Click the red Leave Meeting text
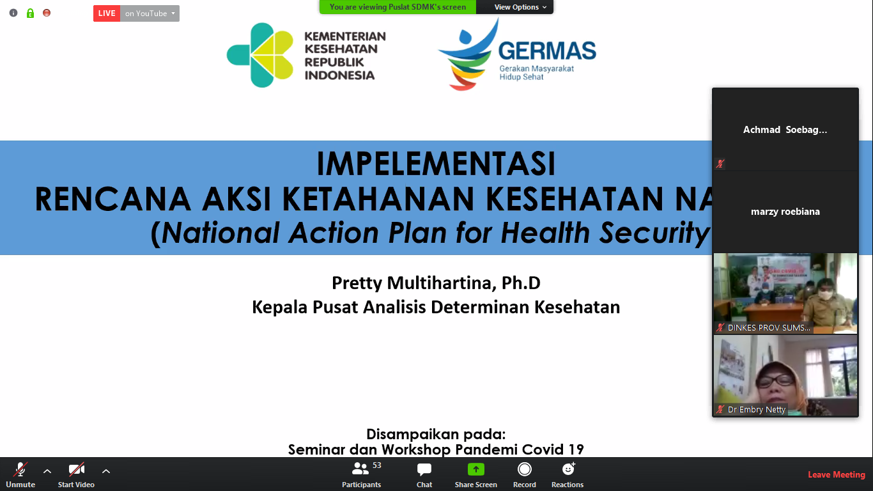[836, 474]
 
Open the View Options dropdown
[520, 7]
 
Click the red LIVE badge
[107, 13]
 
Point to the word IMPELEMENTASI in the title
[436, 164]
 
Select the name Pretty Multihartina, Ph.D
[436, 283]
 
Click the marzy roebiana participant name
[785, 212]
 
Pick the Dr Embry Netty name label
[756, 410]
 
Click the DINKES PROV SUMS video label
[768, 327]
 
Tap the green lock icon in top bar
[30, 13]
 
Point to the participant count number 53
[377, 465]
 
